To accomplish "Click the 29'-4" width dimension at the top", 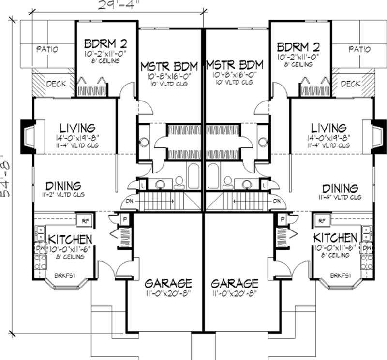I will [x=117, y=6].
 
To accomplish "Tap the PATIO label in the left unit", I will [x=47, y=49].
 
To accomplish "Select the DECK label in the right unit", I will [x=350, y=84].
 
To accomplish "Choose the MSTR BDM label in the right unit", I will [x=234, y=65].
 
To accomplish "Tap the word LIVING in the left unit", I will [x=77, y=129].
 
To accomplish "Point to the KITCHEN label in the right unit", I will [x=335, y=238].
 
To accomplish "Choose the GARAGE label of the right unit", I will [x=234, y=283].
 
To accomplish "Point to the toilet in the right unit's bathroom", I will [x=227, y=182].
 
